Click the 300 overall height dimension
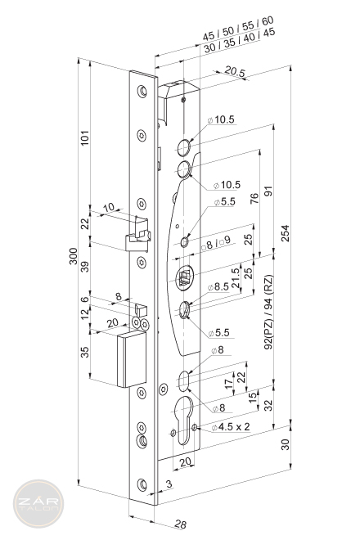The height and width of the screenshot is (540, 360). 74,256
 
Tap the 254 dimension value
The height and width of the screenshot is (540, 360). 286,233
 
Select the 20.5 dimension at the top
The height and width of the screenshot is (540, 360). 235,72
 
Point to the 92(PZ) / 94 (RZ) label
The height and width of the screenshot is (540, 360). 268,312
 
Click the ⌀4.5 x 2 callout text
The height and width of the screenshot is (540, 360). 231,427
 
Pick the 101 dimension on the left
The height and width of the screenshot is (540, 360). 85,137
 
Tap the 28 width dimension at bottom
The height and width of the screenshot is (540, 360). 180,524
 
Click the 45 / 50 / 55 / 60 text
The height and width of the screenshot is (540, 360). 238,28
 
